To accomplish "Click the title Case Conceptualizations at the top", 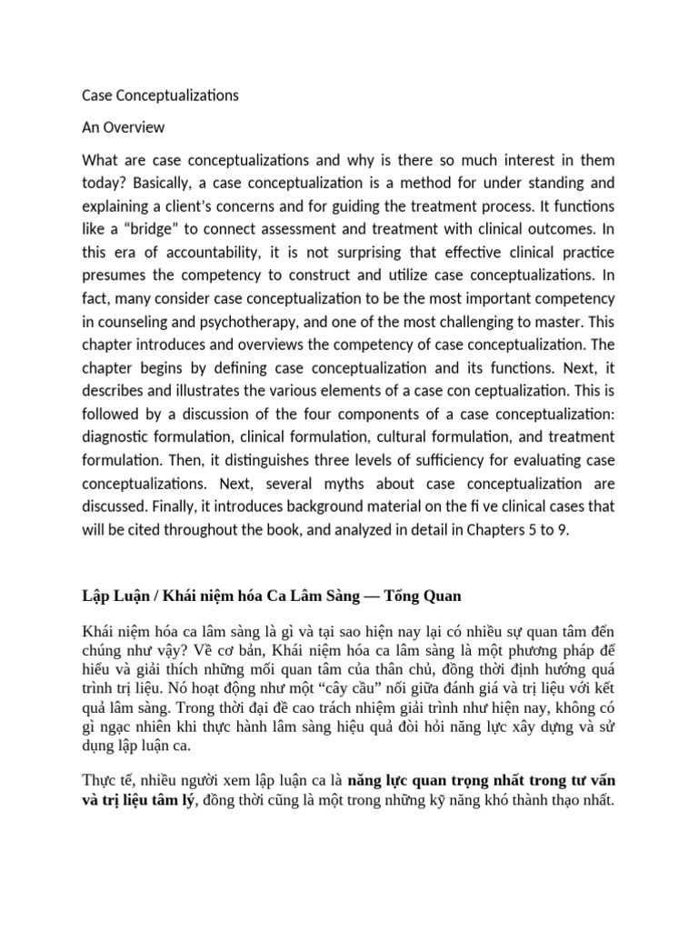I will [x=160, y=95].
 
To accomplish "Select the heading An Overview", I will [x=123, y=127].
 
